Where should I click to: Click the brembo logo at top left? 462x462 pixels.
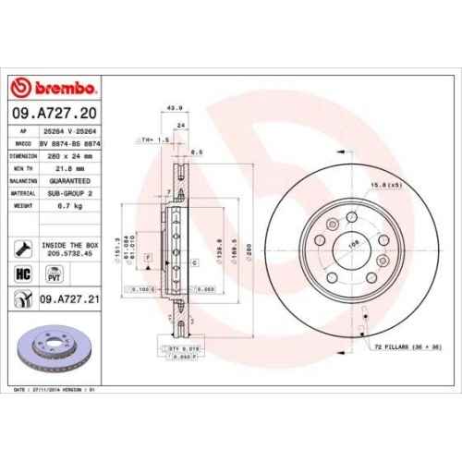tap(54, 88)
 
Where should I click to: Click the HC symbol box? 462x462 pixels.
tap(24, 274)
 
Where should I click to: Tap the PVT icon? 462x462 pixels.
tap(53, 274)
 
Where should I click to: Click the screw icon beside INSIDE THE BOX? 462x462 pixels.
tap(23, 248)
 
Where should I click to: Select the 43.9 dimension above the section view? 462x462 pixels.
tap(170, 107)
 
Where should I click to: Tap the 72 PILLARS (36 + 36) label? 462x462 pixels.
tap(407, 346)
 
